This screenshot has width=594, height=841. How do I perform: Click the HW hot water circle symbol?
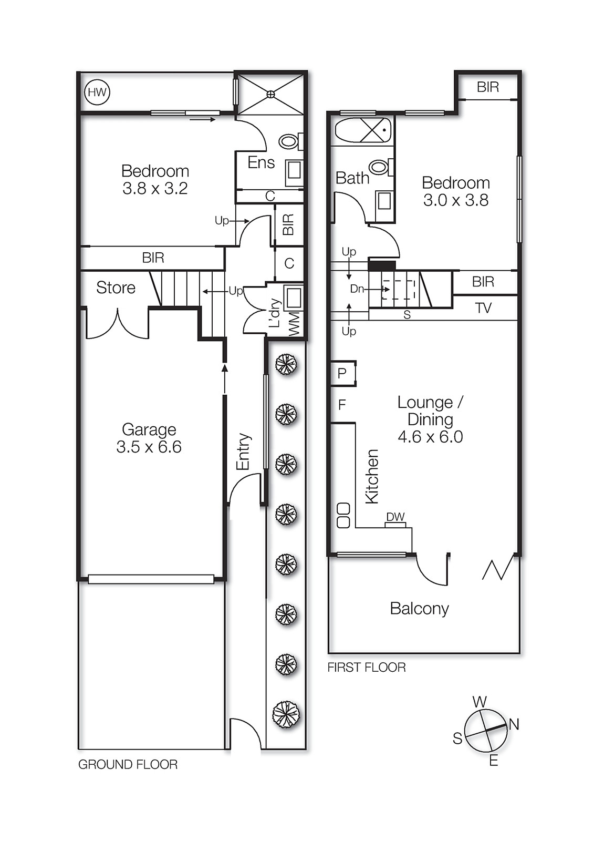click(97, 93)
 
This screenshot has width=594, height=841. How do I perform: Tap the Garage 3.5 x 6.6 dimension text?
click(149, 447)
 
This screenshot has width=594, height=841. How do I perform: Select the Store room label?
click(116, 288)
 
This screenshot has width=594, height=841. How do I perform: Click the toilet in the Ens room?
click(289, 141)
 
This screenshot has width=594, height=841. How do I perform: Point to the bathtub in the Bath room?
click(363, 130)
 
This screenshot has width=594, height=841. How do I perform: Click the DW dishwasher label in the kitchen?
click(395, 517)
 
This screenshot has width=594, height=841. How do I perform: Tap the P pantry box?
click(342, 373)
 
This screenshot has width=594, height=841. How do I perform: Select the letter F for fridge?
click(342, 405)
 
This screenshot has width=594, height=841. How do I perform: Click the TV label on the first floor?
click(483, 308)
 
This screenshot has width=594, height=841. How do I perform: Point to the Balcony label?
click(419, 609)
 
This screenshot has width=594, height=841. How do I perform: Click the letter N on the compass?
click(514, 724)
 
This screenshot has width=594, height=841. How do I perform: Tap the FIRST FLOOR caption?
click(366, 668)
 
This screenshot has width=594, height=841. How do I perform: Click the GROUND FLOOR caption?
click(128, 765)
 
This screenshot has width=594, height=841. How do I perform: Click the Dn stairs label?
click(357, 289)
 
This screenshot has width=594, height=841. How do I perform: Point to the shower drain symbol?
click(270, 94)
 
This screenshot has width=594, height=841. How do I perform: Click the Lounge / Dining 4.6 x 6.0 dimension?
click(430, 437)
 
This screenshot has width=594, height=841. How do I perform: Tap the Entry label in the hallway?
click(243, 452)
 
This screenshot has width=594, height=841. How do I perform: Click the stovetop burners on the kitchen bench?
click(343, 515)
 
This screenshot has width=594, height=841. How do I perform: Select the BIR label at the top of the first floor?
click(487, 87)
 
